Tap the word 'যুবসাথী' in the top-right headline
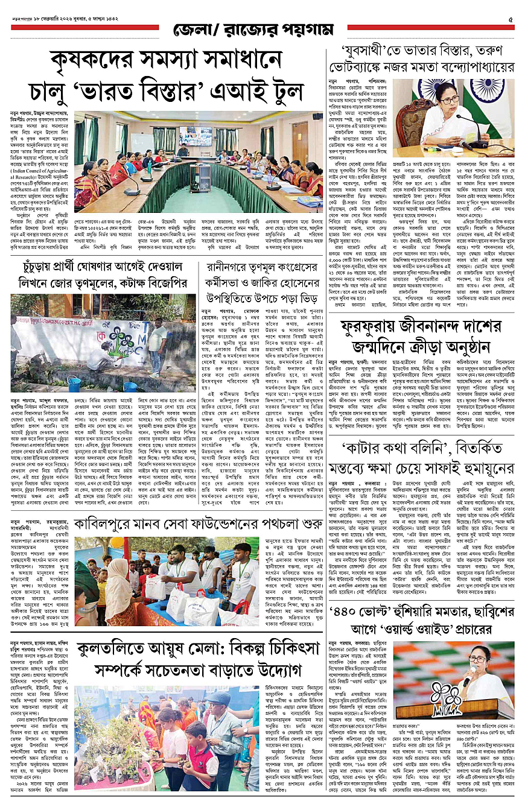(364, 51)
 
